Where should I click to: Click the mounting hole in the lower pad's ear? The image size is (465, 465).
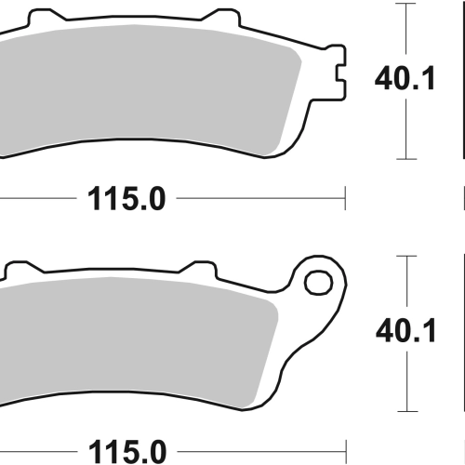318,283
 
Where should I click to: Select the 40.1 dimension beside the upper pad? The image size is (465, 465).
405,78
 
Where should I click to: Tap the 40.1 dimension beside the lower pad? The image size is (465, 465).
405,331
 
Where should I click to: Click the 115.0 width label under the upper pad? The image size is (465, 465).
126,199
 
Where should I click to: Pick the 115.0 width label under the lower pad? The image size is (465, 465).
127,451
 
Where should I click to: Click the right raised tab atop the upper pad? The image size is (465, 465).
221,16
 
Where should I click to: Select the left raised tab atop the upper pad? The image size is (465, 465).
46,16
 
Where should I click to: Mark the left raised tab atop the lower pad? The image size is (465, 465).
23,268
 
